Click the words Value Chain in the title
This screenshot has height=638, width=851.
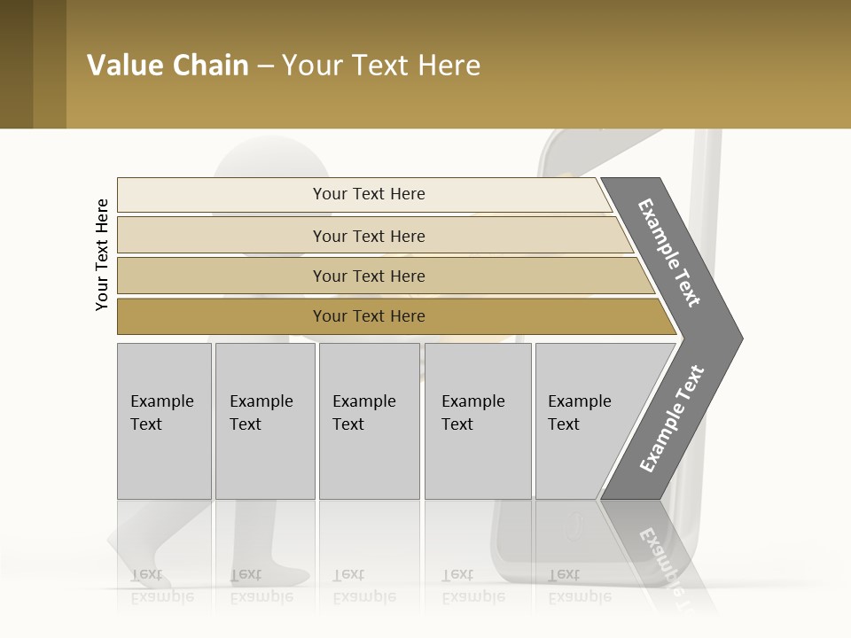[168, 66]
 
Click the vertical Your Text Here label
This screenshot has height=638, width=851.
[102, 254]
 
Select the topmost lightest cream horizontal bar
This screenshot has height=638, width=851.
[222, 195]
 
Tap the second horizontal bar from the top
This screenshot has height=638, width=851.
[222, 236]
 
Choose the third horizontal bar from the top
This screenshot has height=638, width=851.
[222, 276]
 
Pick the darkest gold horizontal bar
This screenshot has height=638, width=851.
[222, 316]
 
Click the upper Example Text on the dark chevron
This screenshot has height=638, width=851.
[669, 253]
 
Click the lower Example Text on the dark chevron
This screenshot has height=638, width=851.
[672, 419]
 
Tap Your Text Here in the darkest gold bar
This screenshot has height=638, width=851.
[369, 316]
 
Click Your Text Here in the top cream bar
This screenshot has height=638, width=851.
[369, 194]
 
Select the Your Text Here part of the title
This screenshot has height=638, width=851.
[381, 66]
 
